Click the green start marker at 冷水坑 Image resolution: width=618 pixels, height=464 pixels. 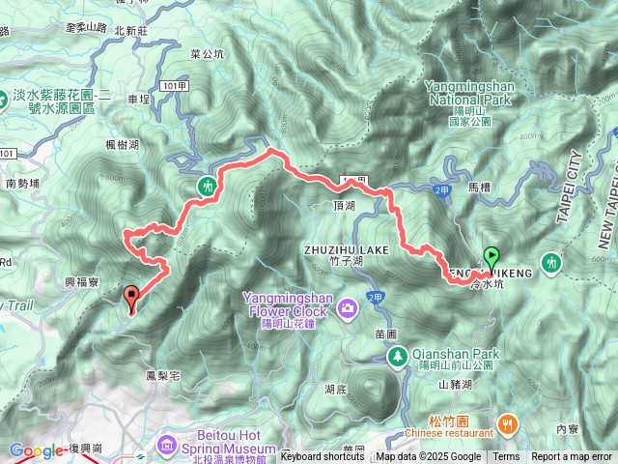click(x=492, y=258)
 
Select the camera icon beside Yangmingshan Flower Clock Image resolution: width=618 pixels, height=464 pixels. click(x=347, y=307)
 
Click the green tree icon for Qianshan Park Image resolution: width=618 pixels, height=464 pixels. click(x=397, y=357)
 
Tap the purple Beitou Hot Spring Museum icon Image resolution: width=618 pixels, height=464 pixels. click(x=168, y=444)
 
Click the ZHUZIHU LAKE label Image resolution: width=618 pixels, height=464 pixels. click(x=346, y=249)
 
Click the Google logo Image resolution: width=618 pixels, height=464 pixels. click(x=36, y=449)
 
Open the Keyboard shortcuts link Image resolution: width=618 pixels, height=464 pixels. click(x=323, y=456)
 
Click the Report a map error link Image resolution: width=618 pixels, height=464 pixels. click(x=573, y=456)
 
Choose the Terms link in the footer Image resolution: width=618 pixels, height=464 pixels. click(x=506, y=456)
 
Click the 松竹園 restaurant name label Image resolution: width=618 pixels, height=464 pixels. click(x=450, y=422)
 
